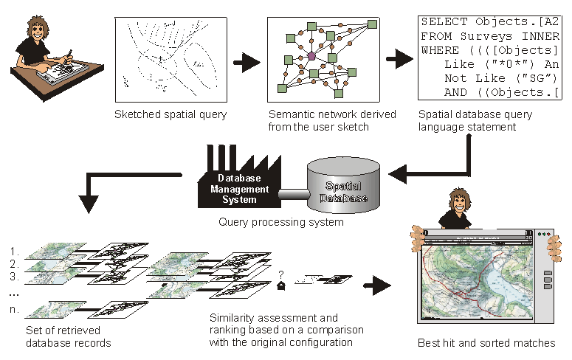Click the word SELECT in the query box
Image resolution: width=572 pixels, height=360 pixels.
[x=441, y=21]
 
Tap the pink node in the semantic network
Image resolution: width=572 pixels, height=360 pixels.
[x=311, y=55]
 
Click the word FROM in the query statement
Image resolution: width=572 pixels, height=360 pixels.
[x=435, y=35]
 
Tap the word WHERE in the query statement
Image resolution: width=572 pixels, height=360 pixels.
[x=438, y=50]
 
